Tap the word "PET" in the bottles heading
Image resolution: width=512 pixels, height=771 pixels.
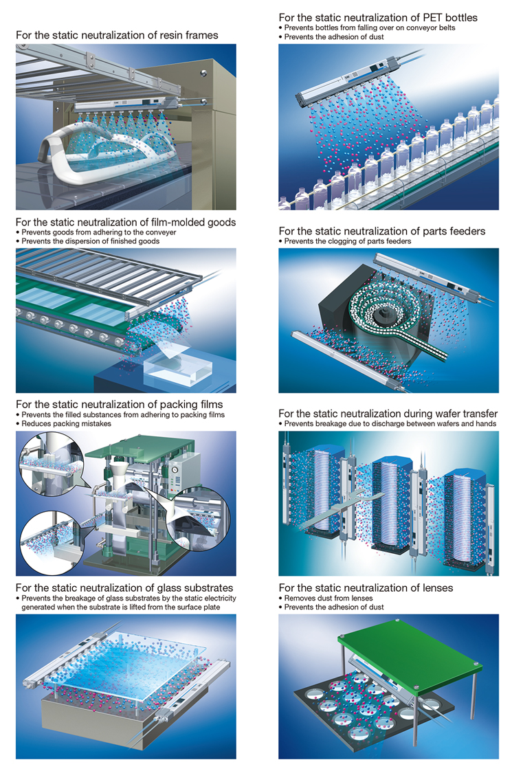[432, 17]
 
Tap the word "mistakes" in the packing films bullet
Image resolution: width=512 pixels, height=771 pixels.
[96, 423]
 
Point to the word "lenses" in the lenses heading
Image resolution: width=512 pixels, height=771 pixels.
[436, 588]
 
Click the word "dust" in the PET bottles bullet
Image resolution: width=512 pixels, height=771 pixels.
[376, 36]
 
